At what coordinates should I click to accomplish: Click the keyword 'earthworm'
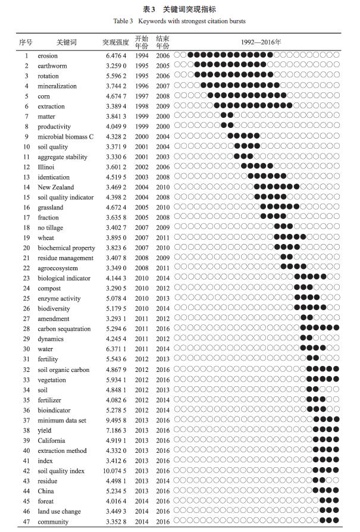[52, 66]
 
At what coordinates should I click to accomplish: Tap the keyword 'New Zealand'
[56, 187]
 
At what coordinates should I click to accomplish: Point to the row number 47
[26, 522]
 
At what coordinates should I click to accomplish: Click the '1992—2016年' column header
[261, 43]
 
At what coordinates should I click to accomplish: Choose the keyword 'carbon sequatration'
[64, 329]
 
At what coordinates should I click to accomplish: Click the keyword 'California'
[52, 441]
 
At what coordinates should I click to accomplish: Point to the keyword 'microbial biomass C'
[65, 137]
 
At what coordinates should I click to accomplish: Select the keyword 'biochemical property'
[66, 248]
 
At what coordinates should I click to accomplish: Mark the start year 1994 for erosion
[142, 56]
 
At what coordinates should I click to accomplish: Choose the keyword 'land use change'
[59, 512]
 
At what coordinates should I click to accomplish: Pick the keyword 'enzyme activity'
[58, 299]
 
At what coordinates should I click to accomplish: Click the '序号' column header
[26, 43]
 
